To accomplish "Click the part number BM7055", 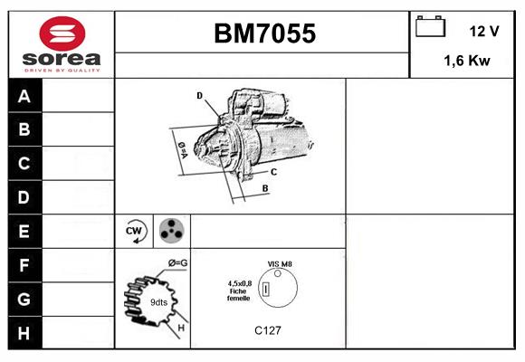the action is (264, 33).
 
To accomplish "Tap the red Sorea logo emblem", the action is (62, 33).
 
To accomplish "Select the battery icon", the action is (430, 26).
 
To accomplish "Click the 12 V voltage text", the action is (484, 32).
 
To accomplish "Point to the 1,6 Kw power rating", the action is (467, 61).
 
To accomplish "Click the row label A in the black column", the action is (24, 96).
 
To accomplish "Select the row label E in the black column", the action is (24, 231).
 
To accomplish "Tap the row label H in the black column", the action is (24, 333).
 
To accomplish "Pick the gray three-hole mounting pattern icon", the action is (172, 231).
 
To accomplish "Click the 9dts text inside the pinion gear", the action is (158, 302).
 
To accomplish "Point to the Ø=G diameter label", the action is (178, 263).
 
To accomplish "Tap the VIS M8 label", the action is (280, 264).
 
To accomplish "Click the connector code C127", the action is (268, 330).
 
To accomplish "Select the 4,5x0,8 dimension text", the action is (240, 283).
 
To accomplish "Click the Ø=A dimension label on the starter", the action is (183, 150).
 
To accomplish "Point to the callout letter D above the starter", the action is (199, 96).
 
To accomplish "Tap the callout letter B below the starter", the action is (265, 188).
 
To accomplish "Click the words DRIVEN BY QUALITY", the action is (62, 71).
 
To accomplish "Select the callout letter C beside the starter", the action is (273, 172).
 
